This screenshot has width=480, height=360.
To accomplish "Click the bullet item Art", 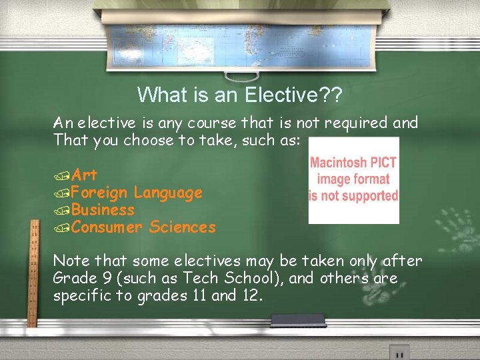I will (x=84, y=175).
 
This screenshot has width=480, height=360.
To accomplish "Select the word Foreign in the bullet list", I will (x=99, y=193).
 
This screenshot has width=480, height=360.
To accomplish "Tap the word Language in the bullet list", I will (x=168, y=193).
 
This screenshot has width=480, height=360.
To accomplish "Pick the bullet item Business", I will (x=103, y=211).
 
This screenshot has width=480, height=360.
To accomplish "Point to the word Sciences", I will (x=183, y=228).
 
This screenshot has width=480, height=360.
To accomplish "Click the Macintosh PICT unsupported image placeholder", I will (x=353, y=180).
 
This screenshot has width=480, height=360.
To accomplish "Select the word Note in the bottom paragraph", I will (x=69, y=261).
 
